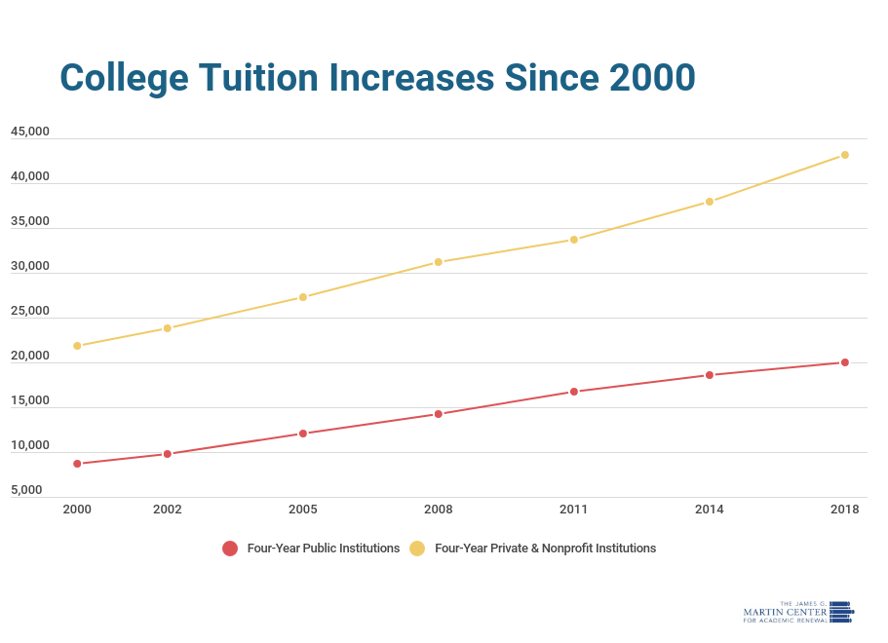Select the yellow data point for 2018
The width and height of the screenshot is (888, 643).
844,155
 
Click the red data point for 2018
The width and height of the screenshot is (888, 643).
844,362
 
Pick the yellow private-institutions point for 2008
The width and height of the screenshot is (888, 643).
439,262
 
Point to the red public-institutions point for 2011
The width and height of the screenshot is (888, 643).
574,392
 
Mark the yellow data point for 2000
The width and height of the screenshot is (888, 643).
77,346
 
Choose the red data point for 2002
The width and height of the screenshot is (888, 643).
167,454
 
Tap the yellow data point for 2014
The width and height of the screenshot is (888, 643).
709,202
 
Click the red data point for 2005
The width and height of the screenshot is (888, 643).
303,434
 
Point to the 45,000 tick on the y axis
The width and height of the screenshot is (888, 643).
30,132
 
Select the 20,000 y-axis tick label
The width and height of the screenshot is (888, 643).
30,356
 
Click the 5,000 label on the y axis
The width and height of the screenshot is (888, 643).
26,490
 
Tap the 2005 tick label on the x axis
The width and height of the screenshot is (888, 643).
303,510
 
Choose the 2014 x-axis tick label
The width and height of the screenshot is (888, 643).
709,510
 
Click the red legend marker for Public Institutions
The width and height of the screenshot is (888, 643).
230,548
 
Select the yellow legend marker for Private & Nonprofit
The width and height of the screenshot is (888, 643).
417,548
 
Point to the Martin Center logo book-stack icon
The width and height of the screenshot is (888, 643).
841,612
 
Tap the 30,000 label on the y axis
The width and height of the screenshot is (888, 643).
30,266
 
